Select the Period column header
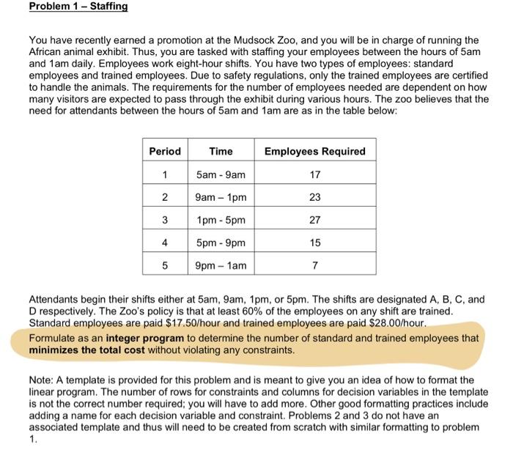pyautogui.click(x=165, y=151)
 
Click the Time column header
pyautogui.click(x=221, y=151)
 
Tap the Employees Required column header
pyautogui.click(x=314, y=151)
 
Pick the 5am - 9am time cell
pyautogui.click(x=221, y=174)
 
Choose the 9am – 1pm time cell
pyautogui.click(x=221, y=197)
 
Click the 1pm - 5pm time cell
pyautogui.click(x=221, y=219)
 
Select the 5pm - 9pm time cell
pyautogui.click(x=221, y=241)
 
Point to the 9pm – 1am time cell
pyautogui.click(x=221, y=264)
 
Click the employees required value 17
pyautogui.click(x=314, y=174)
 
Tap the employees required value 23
pyautogui.click(x=314, y=197)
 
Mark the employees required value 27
pyautogui.click(x=314, y=219)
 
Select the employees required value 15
pyautogui.click(x=314, y=241)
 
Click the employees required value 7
pyautogui.click(x=314, y=264)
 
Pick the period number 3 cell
pyautogui.click(x=165, y=219)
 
